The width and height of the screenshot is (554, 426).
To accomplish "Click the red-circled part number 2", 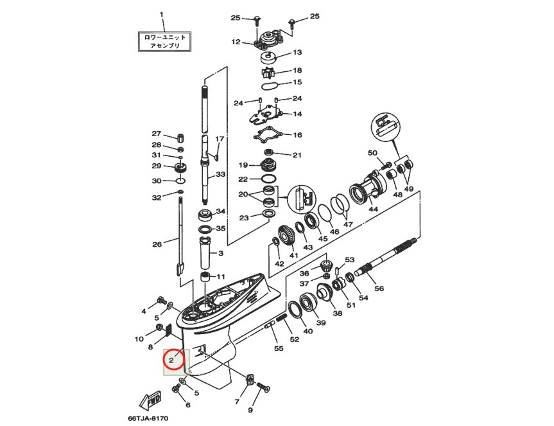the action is (171, 360).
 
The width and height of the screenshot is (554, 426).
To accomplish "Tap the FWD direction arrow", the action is (150, 400).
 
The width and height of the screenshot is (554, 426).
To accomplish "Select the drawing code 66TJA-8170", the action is (148, 418).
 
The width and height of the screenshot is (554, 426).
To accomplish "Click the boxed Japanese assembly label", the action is (164, 41).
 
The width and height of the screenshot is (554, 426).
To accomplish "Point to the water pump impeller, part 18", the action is (268, 73).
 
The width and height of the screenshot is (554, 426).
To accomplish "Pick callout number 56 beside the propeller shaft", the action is (379, 288).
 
